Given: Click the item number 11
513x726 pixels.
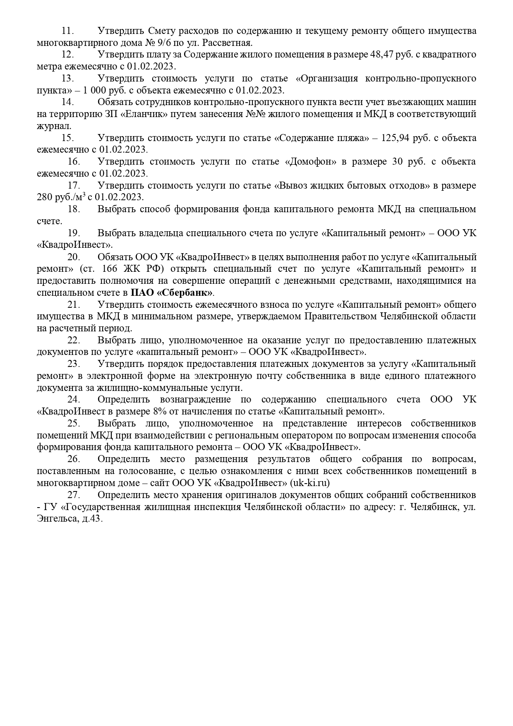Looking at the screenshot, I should (x=67, y=31).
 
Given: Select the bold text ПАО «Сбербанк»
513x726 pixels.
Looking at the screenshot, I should (x=172, y=293).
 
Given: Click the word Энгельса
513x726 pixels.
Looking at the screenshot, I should (x=56, y=519).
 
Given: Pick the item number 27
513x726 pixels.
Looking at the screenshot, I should (x=73, y=495).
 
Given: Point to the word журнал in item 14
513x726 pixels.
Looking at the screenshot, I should (x=53, y=126).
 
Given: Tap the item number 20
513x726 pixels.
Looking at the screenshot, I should (x=73, y=257).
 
